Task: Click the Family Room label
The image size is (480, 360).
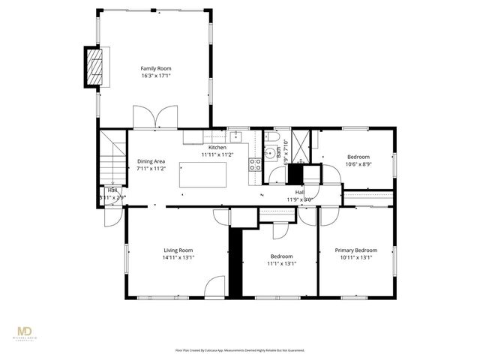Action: pos(156,68)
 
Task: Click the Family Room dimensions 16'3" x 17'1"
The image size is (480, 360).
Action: pos(156,76)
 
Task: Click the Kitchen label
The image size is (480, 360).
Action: pos(217,148)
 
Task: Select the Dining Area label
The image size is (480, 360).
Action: pos(151,162)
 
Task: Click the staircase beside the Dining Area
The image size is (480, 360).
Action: pos(112,157)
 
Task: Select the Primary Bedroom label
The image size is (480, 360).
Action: pos(355,250)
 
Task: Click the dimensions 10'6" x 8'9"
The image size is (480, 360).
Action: pos(358,164)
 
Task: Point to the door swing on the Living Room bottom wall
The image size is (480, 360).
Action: pos(215,288)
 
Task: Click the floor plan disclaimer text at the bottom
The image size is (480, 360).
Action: pos(240,349)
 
